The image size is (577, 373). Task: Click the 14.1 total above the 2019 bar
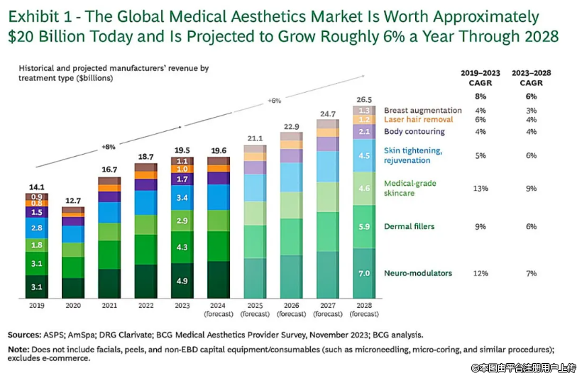(37, 187)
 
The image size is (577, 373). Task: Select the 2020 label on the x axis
(73, 306)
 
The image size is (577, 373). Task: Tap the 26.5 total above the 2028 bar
(365, 99)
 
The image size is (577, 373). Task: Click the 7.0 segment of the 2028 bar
(365, 273)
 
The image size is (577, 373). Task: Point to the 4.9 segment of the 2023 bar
(182, 280)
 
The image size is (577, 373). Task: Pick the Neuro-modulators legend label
(419, 273)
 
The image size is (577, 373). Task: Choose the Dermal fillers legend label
(409, 226)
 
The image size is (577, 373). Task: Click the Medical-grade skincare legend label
(410, 188)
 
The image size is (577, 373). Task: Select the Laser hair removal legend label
(418, 120)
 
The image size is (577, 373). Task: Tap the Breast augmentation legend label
(423, 110)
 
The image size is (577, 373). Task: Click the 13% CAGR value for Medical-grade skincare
(480, 188)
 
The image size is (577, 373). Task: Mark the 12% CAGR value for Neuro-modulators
(480, 273)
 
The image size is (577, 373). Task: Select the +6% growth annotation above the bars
(275, 100)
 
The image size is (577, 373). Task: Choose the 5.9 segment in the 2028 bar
(365, 226)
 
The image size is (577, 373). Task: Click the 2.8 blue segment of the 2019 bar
(37, 228)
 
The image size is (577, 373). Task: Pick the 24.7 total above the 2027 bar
(327, 113)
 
